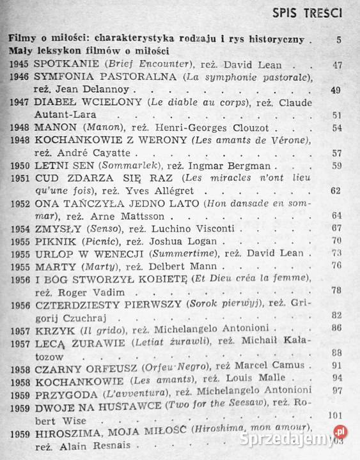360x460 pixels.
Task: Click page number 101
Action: (x=334, y=415)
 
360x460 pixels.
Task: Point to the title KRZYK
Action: (x=51, y=329)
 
